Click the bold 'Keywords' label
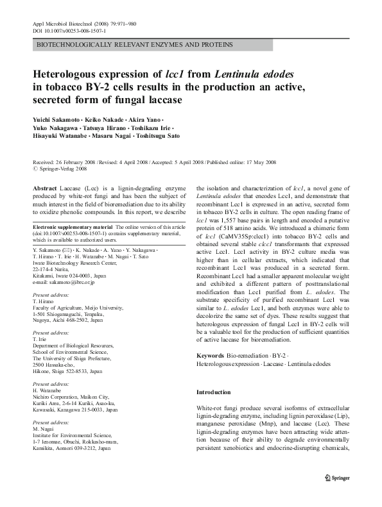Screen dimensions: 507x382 click(x=210, y=355)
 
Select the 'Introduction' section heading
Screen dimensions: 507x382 click(x=216, y=392)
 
